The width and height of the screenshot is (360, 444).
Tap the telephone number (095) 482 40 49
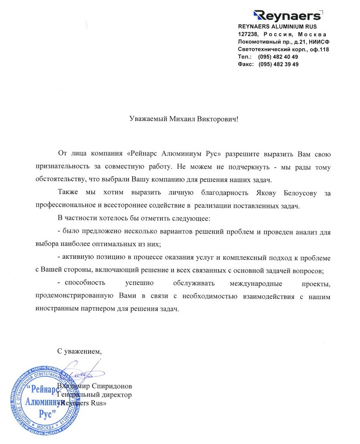click(x=278, y=57)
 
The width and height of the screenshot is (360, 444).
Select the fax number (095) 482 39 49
click(x=278, y=64)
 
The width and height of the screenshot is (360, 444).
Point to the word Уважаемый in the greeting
click(x=145, y=120)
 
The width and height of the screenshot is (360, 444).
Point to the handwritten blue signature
click(x=79, y=374)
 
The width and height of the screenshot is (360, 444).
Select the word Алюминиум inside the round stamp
click(x=43, y=399)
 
